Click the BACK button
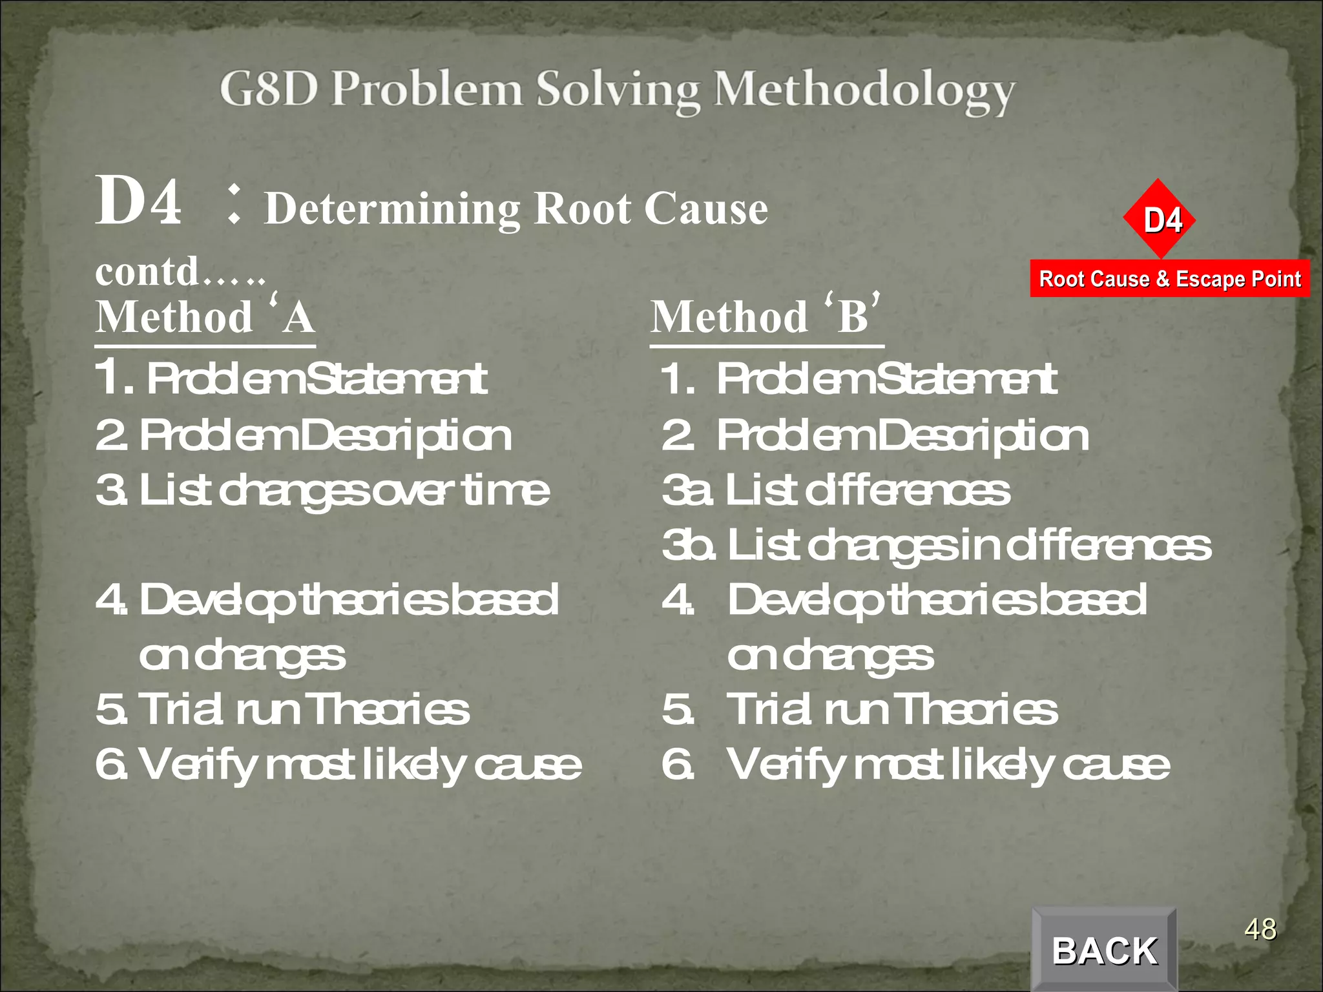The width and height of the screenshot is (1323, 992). tap(1105, 951)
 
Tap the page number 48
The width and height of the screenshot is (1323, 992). tap(1260, 930)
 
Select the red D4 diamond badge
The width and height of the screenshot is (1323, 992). tap(1161, 220)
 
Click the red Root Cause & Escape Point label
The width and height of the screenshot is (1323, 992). tap(1170, 279)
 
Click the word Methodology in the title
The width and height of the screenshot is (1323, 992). tap(864, 90)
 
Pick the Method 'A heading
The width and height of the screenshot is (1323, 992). tap(205, 317)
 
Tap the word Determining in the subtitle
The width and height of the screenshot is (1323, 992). tap(392, 209)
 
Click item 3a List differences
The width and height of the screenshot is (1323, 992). tap(836, 490)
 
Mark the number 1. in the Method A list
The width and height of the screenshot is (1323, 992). tap(115, 377)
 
